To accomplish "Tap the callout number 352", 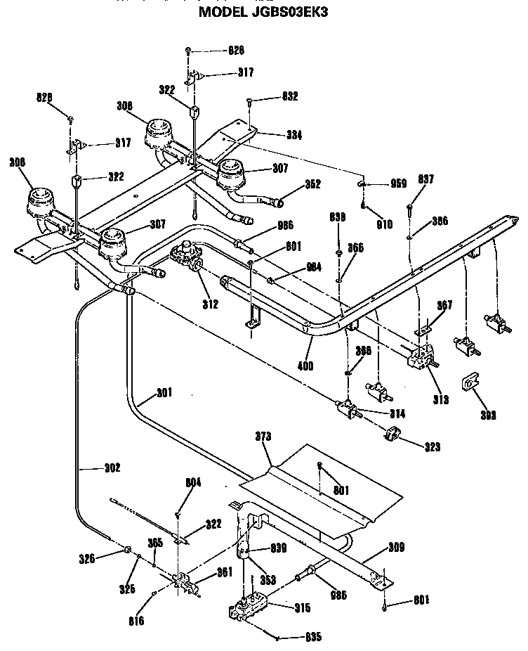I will (x=313, y=185).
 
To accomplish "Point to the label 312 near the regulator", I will (x=209, y=304).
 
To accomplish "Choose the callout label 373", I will (x=263, y=437).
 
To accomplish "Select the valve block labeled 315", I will (x=250, y=607).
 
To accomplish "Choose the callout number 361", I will (x=224, y=572).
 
